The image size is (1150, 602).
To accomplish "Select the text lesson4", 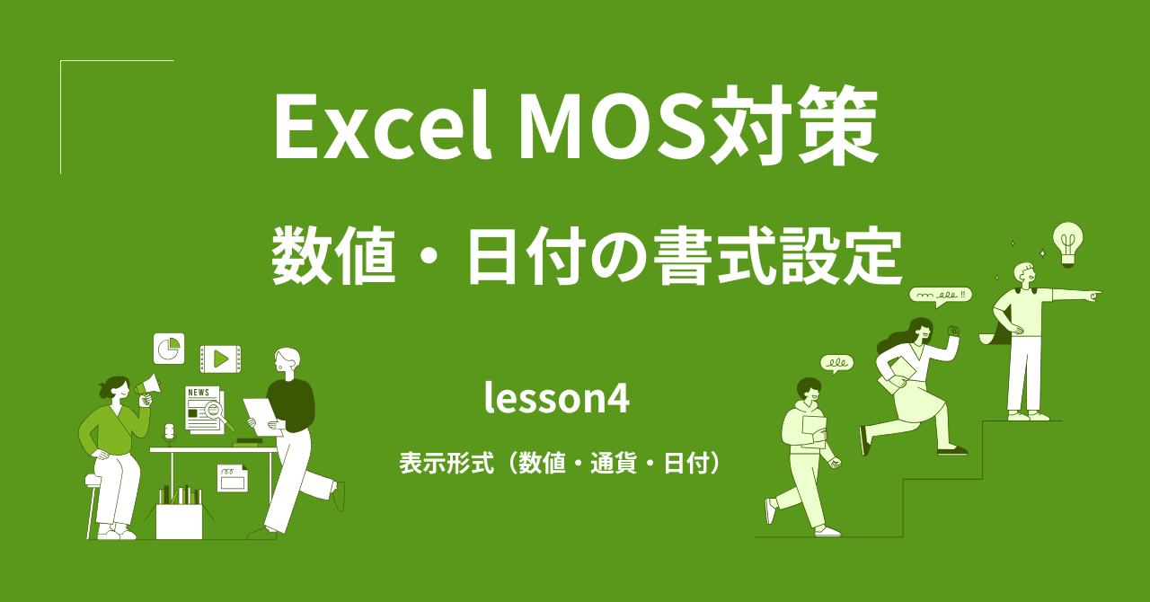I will tap(556, 399).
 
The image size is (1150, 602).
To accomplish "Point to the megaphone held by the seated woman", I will tap(148, 387).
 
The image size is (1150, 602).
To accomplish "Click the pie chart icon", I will tap(169, 349).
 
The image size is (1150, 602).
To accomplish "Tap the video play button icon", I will tap(220, 359).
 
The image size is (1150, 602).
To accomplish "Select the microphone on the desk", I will tap(169, 433).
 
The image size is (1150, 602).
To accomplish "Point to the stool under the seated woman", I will tap(93, 503).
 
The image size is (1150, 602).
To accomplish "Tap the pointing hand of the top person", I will tap(1091, 294).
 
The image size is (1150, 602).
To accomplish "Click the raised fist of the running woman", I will tap(953, 332).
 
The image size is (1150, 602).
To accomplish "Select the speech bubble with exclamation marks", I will tap(940, 295).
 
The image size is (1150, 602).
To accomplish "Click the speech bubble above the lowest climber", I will tap(836, 364).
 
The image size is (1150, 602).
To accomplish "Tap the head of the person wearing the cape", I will tap(1024, 272).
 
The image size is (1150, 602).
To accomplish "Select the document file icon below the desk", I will tap(232, 478).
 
